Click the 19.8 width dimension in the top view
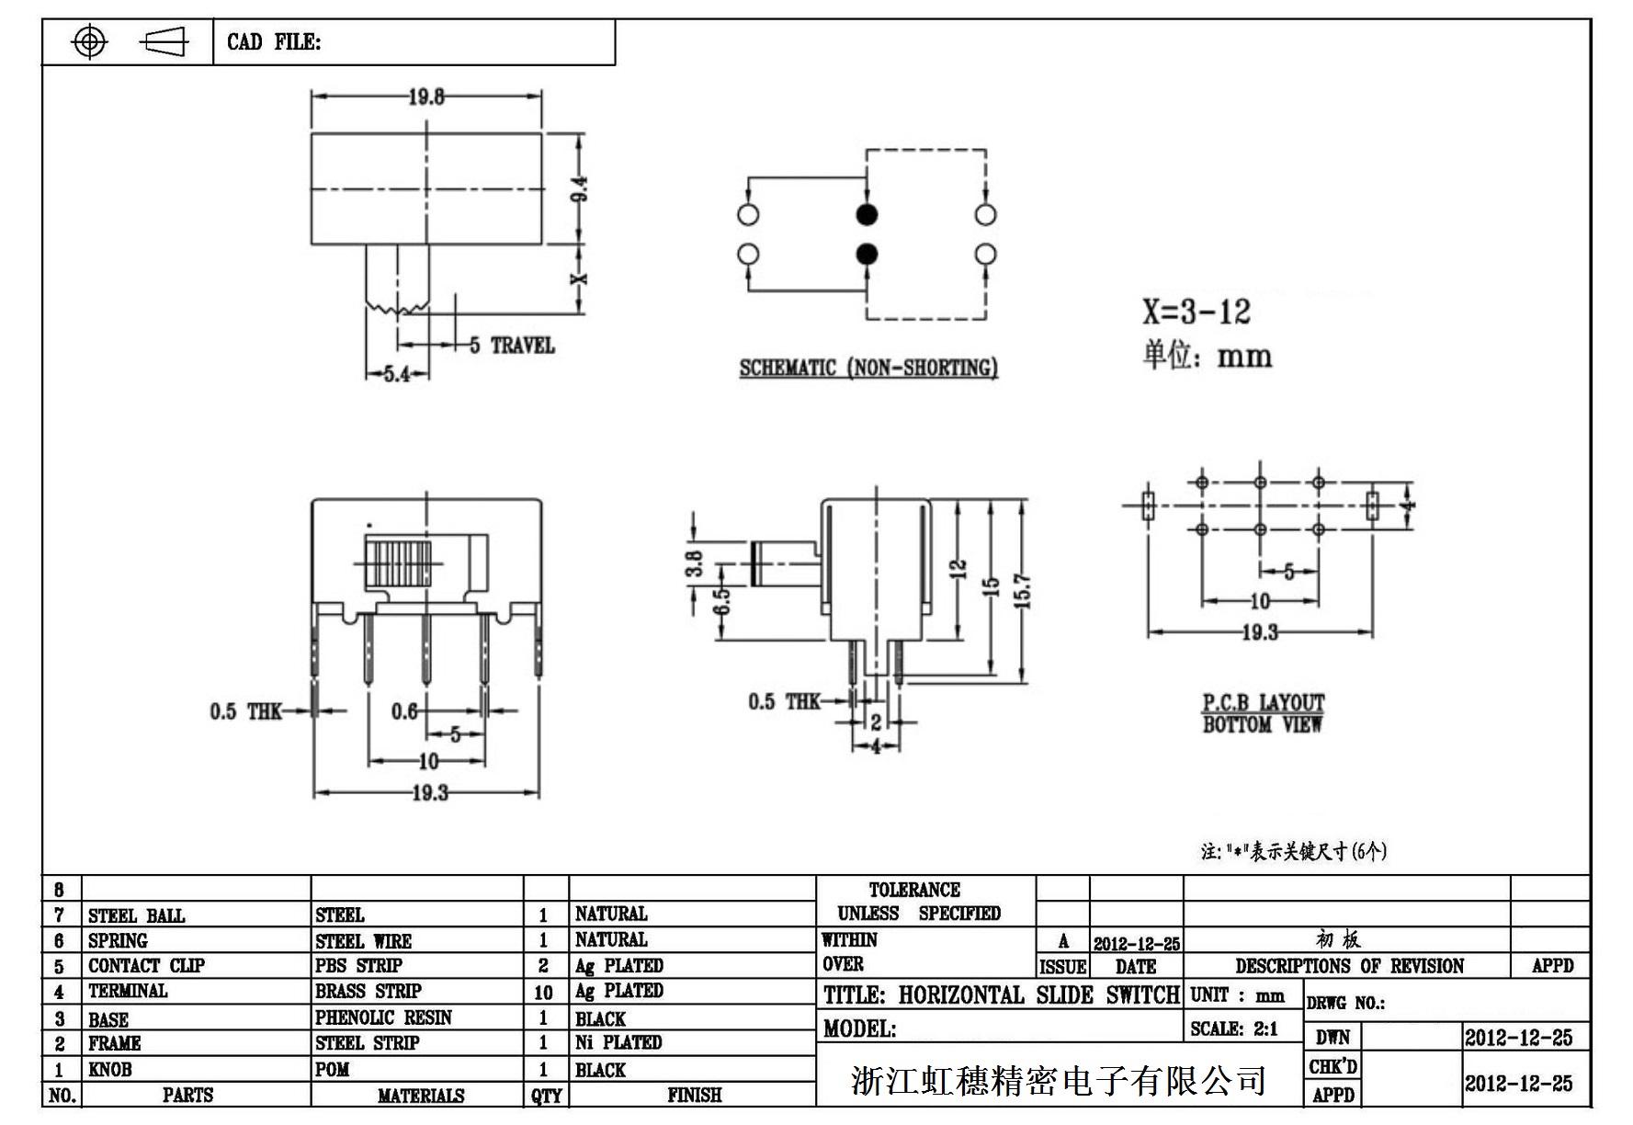[426, 97]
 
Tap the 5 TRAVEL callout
[512, 346]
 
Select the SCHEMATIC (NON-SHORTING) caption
[868, 368]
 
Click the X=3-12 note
[1196, 312]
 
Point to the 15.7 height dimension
[1025, 591]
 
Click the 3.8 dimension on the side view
[694, 562]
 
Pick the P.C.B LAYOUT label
[1264, 703]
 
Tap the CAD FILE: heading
[274, 42]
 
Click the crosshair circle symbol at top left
[89, 41]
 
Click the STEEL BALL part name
[136, 915]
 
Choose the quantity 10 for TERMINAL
[543, 993]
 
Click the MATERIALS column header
[421, 1096]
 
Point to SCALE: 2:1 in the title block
[1234, 1029]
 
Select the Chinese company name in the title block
[1059, 1080]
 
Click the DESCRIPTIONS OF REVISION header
[1349, 966]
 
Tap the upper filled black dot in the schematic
[867, 215]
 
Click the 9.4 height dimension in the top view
[579, 189]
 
